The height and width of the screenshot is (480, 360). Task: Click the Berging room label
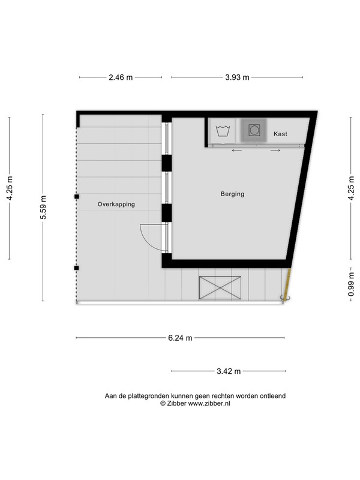pos(232,194)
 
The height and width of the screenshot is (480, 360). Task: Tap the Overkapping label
pos(116,204)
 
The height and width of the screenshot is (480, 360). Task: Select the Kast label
pos(280,134)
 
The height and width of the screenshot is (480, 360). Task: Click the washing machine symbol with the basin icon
pos(223,131)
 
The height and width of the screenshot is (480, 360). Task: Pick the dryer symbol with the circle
pos(254,130)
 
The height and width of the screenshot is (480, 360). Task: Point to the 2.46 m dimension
pos(121,77)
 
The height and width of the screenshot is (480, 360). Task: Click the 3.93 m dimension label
pos(237,77)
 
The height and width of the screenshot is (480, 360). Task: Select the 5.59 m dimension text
pos(43,207)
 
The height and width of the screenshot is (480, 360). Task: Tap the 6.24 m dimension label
pos(180,338)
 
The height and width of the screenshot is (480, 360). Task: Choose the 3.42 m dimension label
pos(229,371)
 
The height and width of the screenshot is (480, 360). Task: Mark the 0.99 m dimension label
pos(351,284)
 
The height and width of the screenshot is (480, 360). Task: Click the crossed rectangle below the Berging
pos(220,288)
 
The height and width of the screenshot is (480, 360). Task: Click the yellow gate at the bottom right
pos(287,284)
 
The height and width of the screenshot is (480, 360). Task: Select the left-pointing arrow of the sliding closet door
pos(237,151)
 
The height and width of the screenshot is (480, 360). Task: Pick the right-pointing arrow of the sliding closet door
pos(275,151)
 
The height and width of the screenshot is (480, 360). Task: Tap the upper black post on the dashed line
pos(77,197)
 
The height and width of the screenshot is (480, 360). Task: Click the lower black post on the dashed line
pos(77,268)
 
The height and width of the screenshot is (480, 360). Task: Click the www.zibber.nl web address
pos(209,403)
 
